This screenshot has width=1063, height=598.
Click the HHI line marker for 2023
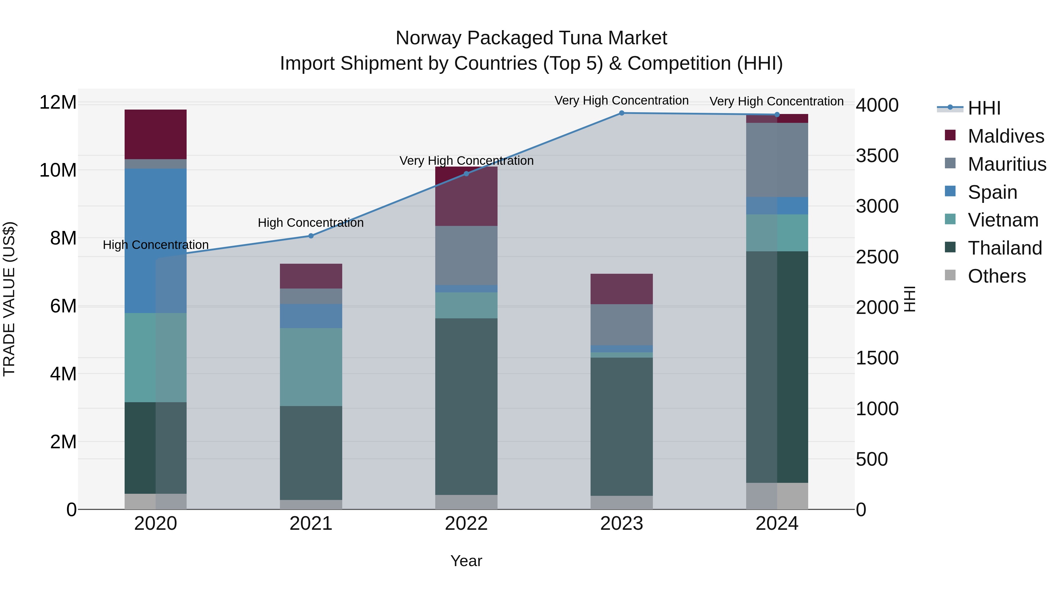622,113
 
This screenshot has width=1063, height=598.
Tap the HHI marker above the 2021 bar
311,236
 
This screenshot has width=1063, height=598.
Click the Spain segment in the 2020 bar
156,241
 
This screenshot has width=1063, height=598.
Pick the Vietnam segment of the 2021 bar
311,367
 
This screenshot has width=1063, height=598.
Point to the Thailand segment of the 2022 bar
466,407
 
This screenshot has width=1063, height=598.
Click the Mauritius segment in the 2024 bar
777,160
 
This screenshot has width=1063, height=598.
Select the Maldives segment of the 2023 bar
622,289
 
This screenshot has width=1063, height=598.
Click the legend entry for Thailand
1005,248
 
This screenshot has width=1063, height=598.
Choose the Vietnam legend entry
1003,220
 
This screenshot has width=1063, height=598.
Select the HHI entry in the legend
984,108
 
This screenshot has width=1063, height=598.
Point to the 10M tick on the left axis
58,170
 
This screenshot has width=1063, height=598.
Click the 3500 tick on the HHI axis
877,156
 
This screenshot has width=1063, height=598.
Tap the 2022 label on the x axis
466,524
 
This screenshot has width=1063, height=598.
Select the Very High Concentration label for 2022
466,161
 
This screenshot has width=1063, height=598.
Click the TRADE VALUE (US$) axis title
9,299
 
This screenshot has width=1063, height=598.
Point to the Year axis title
466,561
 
